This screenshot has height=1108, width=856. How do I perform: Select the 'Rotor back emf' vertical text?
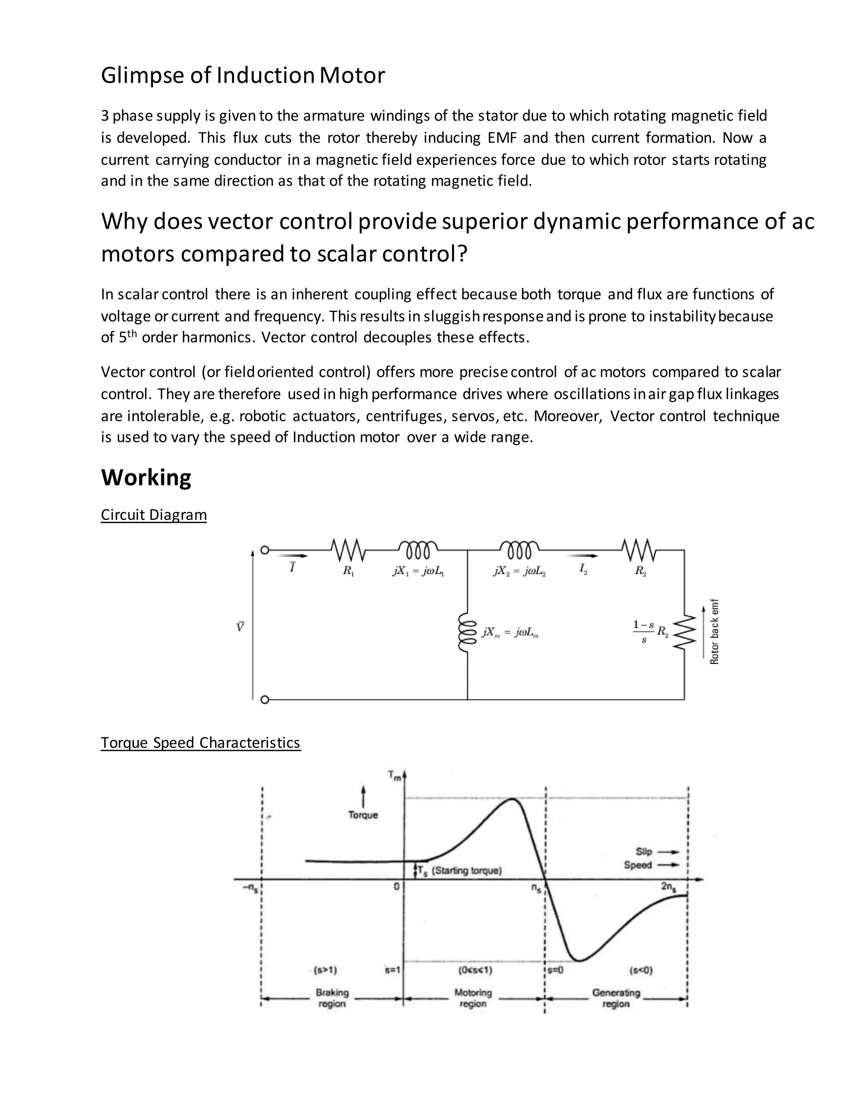click(x=714, y=632)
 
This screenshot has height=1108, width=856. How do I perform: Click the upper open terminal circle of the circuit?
click(x=264, y=550)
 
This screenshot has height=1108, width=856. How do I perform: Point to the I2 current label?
click(x=583, y=569)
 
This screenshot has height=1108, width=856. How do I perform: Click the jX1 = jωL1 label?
click(x=418, y=571)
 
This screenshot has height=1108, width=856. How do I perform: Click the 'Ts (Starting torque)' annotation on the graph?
click(x=459, y=871)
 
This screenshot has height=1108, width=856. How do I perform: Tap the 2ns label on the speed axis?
click(x=668, y=887)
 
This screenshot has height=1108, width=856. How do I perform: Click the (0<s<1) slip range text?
click(x=475, y=970)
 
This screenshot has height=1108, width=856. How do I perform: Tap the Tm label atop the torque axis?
click(x=395, y=776)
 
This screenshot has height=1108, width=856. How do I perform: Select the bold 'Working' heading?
click(x=146, y=477)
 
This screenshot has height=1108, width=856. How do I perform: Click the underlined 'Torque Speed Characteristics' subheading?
click(x=200, y=742)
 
